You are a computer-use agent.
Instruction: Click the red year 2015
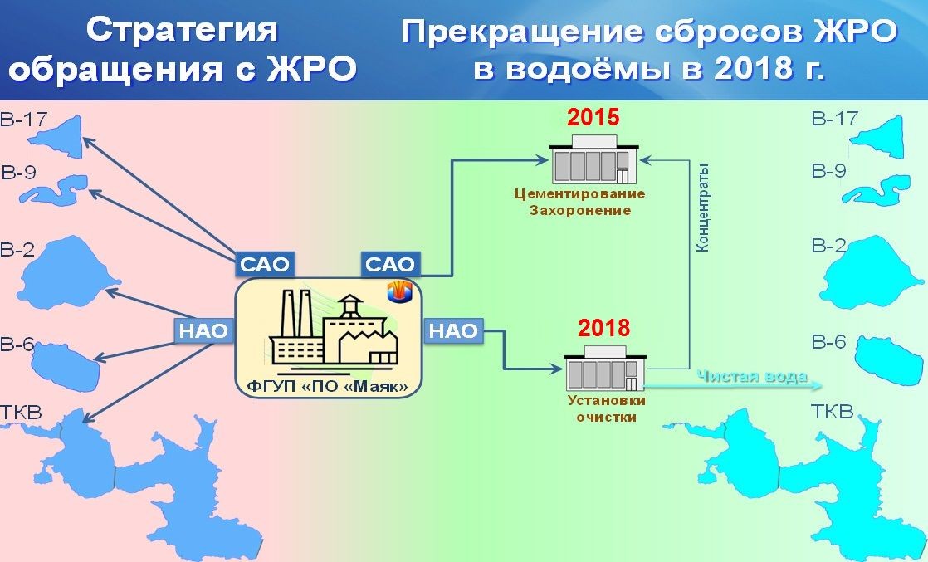(593, 117)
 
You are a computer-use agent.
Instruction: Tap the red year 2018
(603, 328)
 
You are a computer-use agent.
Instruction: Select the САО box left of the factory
(265, 264)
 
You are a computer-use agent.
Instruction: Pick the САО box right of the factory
(390, 264)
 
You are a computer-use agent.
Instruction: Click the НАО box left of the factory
(203, 330)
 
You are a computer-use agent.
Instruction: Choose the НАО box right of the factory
(453, 330)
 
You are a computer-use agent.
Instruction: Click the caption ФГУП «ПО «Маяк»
(328, 387)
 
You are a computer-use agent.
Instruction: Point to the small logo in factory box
(399, 291)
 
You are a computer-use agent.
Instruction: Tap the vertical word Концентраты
(702, 208)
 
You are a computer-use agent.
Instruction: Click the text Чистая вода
(752, 377)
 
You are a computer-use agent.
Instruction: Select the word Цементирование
(579, 193)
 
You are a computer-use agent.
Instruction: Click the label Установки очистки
(607, 408)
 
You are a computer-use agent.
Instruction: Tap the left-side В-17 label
(23, 120)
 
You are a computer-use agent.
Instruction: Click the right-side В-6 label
(828, 342)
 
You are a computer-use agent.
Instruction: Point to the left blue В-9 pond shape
(54, 189)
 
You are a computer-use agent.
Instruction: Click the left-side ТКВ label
(21, 412)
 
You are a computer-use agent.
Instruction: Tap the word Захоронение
(580, 210)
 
